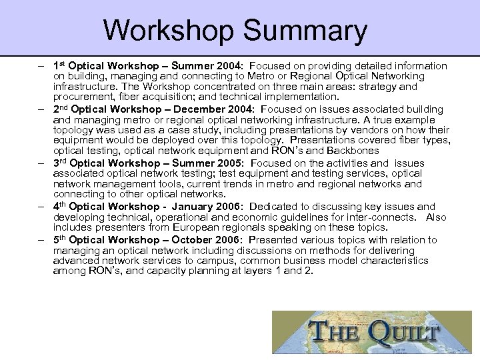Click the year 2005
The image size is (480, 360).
227,163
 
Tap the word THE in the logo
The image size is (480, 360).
331,331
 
